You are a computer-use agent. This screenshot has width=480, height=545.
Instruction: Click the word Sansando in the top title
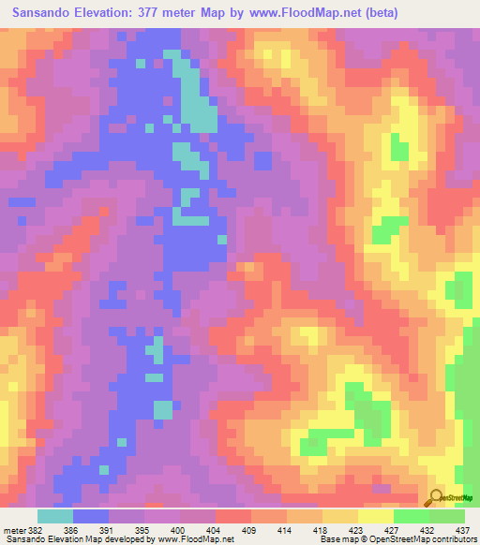[42, 13]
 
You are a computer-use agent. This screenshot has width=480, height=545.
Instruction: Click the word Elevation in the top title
[114, 13]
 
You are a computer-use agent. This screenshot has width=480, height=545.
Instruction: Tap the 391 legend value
[112, 529]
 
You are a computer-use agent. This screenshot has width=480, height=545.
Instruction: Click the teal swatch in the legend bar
[55, 516]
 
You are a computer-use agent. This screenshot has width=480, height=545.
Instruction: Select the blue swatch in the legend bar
[91, 516]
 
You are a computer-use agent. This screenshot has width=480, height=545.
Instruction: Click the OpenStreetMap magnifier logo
[437, 497]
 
